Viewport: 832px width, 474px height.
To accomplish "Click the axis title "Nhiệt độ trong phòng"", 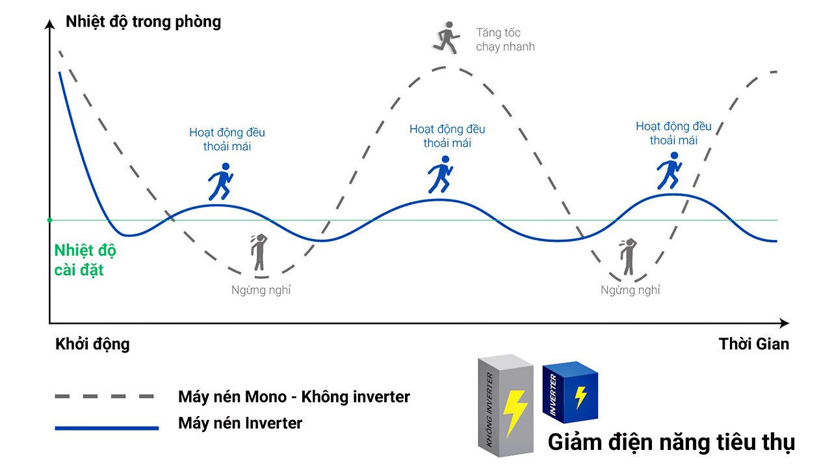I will click(x=143, y=21).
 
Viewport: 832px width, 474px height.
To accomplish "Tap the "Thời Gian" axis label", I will click(x=753, y=344).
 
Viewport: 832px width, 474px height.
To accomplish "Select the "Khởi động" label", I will click(x=92, y=344).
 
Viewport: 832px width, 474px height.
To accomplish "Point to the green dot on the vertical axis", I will click(x=49, y=220).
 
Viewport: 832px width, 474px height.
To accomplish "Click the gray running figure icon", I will click(x=447, y=36).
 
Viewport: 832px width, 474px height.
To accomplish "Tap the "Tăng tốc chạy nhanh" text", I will click(x=505, y=40).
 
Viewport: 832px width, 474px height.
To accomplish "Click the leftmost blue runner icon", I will click(x=220, y=181).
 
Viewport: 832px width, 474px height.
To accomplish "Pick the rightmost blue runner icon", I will click(x=668, y=170).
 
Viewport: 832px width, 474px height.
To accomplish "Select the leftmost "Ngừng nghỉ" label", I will click(x=261, y=290).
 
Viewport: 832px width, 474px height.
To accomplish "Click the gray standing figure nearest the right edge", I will click(x=628, y=257).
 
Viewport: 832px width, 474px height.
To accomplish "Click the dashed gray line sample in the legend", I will click(x=105, y=396).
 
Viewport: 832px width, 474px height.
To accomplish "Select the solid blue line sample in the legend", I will click(x=107, y=428).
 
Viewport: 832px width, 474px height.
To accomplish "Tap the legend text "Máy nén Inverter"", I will click(x=240, y=423).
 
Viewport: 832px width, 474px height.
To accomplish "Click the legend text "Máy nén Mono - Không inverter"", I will click(x=294, y=396).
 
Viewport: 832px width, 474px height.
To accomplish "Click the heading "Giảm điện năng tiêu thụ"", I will click(x=671, y=442).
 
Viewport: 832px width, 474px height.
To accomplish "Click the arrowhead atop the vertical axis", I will click(x=49, y=24).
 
